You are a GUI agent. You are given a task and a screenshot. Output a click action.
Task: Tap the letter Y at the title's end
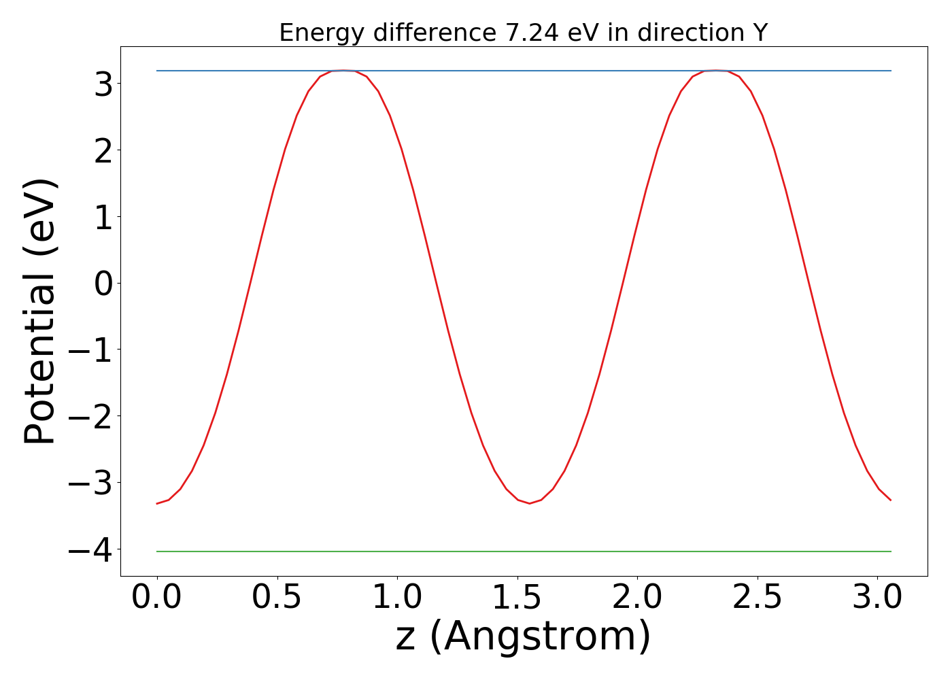tap(760, 33)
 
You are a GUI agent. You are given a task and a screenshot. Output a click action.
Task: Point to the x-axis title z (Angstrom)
tap(523, 636)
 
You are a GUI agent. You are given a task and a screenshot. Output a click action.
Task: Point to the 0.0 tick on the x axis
tap(157, 598)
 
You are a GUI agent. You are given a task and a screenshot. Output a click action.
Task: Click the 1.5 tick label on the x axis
tap(517, 598)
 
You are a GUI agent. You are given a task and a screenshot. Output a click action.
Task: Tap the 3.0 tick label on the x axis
tap(877, 598)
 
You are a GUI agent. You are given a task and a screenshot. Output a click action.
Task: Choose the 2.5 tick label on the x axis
tap(757, 598)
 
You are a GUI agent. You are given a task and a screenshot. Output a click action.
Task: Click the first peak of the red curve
tap(343, 71)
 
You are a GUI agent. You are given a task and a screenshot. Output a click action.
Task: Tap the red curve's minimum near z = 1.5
tap(529, 503)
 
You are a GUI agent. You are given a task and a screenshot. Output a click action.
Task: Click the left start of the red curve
tap(158, 503)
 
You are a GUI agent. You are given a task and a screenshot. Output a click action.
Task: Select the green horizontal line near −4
tap(524, 551)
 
